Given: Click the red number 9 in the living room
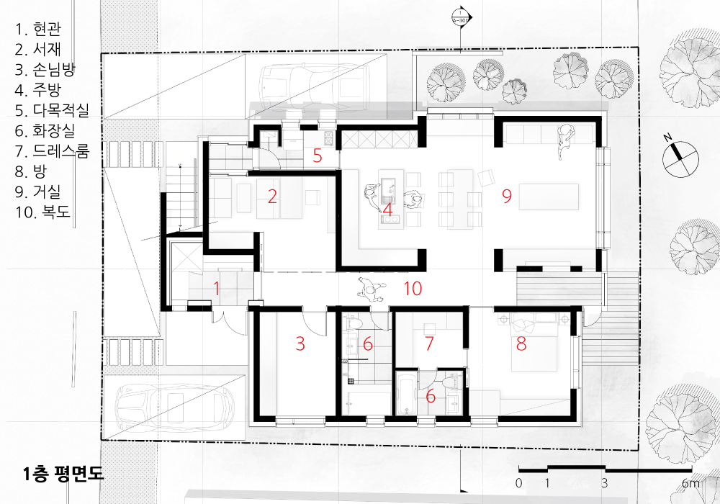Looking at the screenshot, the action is click(x=506, y=196).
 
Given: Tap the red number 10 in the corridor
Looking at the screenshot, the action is click(x=413, y=288).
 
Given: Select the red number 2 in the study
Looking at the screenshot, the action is click(x=272, y=197).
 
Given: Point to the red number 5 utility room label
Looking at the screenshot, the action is click(x=318, y=156).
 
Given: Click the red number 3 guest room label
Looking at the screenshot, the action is click(x=300, y=343).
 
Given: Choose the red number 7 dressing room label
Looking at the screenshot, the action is click(x=429, y=343).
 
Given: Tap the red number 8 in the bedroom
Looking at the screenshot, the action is click(x=521, y=343).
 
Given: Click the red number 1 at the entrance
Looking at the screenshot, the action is click(x=216, y=289).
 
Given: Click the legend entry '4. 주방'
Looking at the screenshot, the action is click(x=37, y=90).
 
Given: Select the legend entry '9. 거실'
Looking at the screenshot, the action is click(x=37, y=192).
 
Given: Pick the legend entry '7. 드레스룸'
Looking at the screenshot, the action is click(x=52, y=151).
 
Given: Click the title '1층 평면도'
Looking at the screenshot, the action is click(x=63, y=474).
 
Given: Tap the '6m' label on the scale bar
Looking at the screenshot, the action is click(x=690, y=483).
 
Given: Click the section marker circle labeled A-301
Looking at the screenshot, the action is click(x=461, y=17).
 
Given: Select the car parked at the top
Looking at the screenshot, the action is click(x=315, y=87).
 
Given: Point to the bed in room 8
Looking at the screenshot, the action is click(x=534, y=344).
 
